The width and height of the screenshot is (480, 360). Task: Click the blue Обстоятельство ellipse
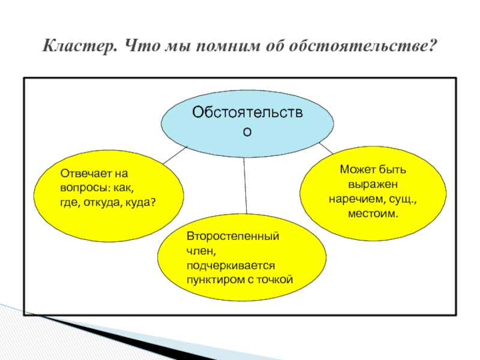point(247,120)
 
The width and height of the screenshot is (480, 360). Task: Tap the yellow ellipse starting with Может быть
point(373,192)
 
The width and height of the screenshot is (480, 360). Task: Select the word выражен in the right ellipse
point(373,185)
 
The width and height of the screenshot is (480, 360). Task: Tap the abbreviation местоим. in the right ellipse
point(373,213)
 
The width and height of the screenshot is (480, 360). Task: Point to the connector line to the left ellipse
point(175,155)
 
